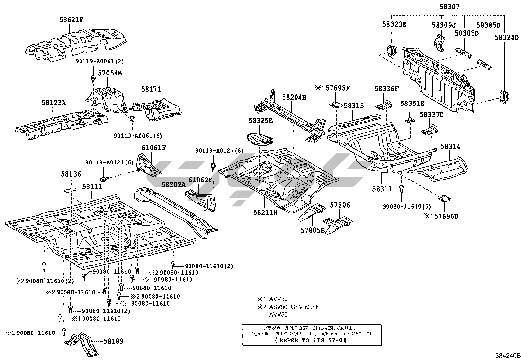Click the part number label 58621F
(x=71, y=20)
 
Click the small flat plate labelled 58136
(x=70, y=189)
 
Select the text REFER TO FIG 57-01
(x=311, y=340)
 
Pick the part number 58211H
(x=265, y=212)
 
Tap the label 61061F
(x=154, y=148)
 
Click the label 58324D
(x=507, y=37)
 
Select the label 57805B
(x=313, y=231)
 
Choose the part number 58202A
(x=173, y=185)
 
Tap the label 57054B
(x=110, y=73)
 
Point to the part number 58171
(x=151, y=89)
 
